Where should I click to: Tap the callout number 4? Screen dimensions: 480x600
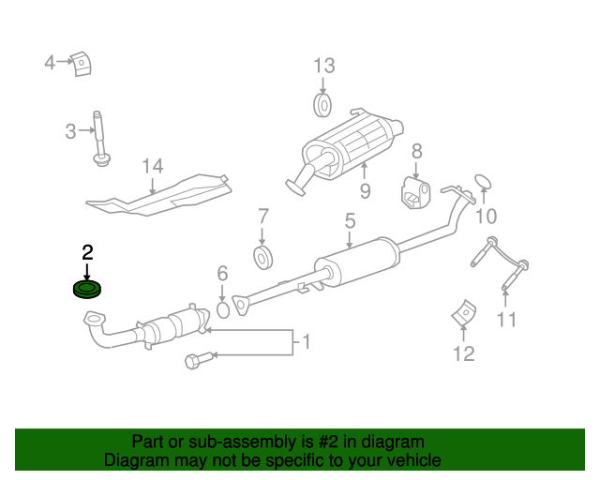[50, 63]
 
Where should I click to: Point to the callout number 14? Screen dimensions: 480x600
[153, 167]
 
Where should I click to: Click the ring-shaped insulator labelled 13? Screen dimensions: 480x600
[322, 104]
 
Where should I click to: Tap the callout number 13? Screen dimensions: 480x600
[323, 66]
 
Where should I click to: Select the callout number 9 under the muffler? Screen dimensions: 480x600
[365, 191]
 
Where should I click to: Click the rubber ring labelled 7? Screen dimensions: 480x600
[262, 257]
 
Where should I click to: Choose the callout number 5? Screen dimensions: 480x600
[349, 222]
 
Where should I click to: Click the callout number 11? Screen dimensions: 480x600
[506, 320]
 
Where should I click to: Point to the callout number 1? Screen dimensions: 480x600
[303, 343]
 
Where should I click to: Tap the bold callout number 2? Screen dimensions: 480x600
[87, 252]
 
